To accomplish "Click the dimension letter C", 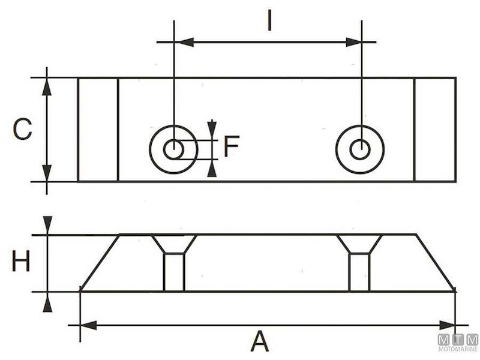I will (x=22, y=130).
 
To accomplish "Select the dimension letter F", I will (x=231, y=146).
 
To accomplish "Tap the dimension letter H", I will (x=21, y=262).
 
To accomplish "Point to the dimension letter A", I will (x=259, y=342).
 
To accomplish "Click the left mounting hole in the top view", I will (x=174, y=149).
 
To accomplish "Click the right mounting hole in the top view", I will (x=360, y=149).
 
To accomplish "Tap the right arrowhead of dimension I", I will (x=352, y=42).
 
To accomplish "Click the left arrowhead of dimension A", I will (x=88, y=325).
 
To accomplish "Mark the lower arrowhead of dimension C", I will (x=47, y=173).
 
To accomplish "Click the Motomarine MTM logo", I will (x=458, y=343).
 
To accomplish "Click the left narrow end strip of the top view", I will (x=98, y=130).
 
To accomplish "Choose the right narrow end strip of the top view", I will (x=435, y=130).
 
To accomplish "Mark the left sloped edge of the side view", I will (x=100, y=263).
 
